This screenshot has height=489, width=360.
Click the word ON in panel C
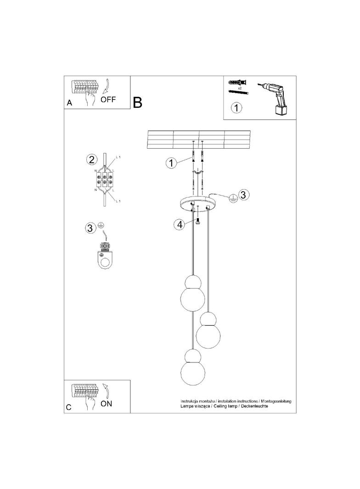pyautogui.click(x=106, y=404)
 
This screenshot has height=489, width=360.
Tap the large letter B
pyautogui.click(x=137, y=102)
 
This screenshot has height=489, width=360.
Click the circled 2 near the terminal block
pyautogui.click(x=91, y=160)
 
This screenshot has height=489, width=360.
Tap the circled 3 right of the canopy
pyautogui.click(x=243, y=194)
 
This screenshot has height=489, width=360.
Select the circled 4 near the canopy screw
pyautogui.click(x=179, y=224)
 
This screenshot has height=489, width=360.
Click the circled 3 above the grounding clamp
pyautogui.click(x=90, y=228)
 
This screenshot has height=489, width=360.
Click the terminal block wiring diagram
pyautogui.click(x=105, y=180)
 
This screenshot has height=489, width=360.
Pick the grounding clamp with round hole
pyautogui.click(x=106, y=258)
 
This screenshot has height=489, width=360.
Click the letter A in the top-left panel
pyautogui.click(x=69, y=103)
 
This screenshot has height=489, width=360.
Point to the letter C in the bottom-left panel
pyautogui.click(x=69, y=407)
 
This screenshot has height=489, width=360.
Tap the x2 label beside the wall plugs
pyautogui.click(x=239, y=87)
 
